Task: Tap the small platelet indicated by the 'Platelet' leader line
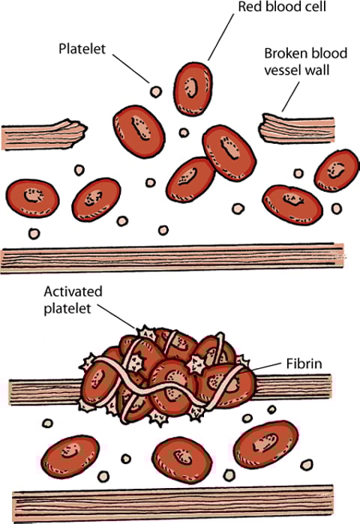pyautogui.click(x=156, y=91)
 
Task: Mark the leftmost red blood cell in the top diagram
pyautogui.click(x=31, y=198)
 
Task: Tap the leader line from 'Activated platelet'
pyautogui.click(x=120, y=317)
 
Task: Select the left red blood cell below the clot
pyautogui.click(x=73, y=456)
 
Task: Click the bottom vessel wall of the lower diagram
pyautogui.click(x=180, y=507)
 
